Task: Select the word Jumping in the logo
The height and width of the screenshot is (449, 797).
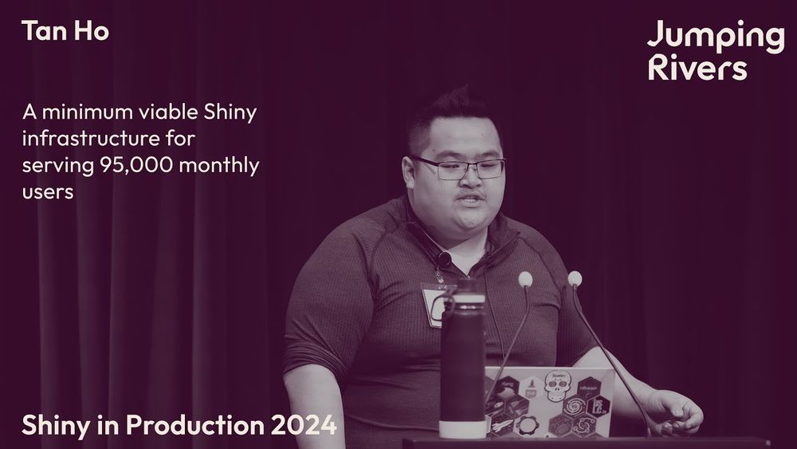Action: pos(716,37)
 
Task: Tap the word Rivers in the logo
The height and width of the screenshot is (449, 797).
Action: pos(697,67)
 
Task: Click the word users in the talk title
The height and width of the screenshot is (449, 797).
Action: pos(48,192)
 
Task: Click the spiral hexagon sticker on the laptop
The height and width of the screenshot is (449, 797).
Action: pos(575,406)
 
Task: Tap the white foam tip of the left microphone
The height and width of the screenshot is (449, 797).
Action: pos(525,278)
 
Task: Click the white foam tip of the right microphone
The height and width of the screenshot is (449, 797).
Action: pos(575,278)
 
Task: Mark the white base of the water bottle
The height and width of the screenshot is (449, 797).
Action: pos(462,428)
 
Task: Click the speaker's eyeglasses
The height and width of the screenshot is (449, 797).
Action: pos(459,167)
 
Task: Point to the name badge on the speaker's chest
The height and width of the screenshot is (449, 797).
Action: pos(434,305)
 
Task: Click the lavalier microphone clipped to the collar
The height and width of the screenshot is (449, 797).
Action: pos(444,259)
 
